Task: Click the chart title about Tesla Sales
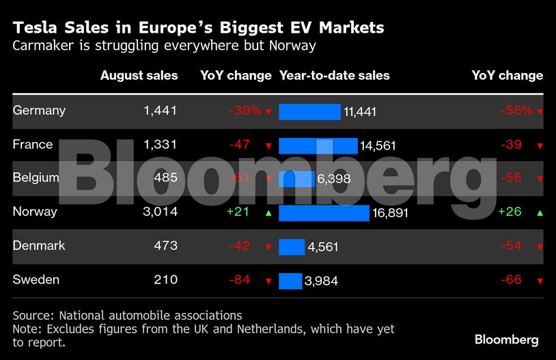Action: tap(198, 28)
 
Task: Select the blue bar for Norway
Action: tap(324, 212)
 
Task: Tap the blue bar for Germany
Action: tap(309, 111)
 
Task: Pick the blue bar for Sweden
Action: tap(290, 281)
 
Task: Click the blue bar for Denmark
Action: tap(292, 247)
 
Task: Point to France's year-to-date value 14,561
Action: tap(378, 146)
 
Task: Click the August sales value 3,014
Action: tap(161, 212)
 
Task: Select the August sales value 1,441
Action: tap(161, 110)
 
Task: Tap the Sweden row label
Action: tap(36, 279)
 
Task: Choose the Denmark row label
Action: tap(39, 245)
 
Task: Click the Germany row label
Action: tap(39, 110)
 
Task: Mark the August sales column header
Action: tap(139, 76)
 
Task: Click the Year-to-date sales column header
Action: tap(335, 76)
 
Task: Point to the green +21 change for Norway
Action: tap(238, 212)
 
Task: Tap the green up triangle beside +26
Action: tap(540, 212)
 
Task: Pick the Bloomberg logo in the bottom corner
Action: tap(506, 340)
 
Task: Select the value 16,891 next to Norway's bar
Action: tap(390, 213)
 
